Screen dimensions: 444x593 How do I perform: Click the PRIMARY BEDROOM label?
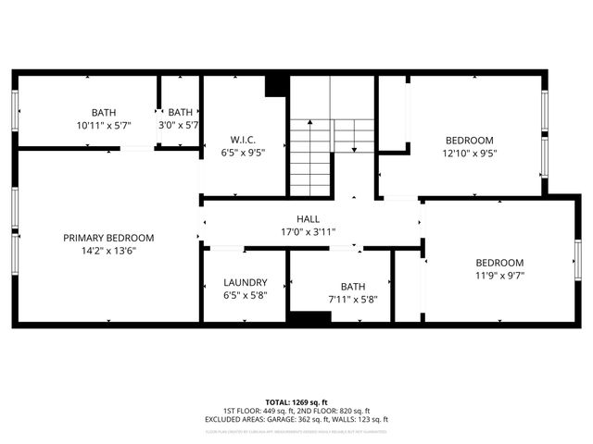pyautogui.click(x=108, y=238)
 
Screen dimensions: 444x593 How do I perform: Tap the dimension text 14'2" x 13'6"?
pyautogui.click(x=108, y=250)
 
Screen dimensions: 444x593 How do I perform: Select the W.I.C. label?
pyautogui.click(x=243, y=141)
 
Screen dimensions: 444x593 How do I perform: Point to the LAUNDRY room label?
pyautogui.click(x=246, y=282)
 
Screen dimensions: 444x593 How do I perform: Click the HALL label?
pyautogui.click(x=309, y=219)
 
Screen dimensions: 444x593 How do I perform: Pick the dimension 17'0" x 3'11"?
pyautogui.click(x=309, y=231)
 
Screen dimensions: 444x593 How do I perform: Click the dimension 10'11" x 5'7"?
pyautogui.click(x=104, y=124)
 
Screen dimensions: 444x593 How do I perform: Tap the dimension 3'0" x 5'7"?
pyautogui.click(x=181, y=124)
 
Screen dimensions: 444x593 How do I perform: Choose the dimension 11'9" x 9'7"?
pyautogui.click(x=499, y=275)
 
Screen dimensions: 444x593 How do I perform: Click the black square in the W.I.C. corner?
pyautogui.click(x=276, y=86)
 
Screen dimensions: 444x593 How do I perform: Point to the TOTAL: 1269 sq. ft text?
pyautogui.click(x=296, y=402)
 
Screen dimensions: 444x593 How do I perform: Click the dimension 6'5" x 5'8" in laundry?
pyautogui.click(x=246, y=295)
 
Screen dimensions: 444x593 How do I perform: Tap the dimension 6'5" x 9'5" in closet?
pyautogui.click(x=243, y=154)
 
